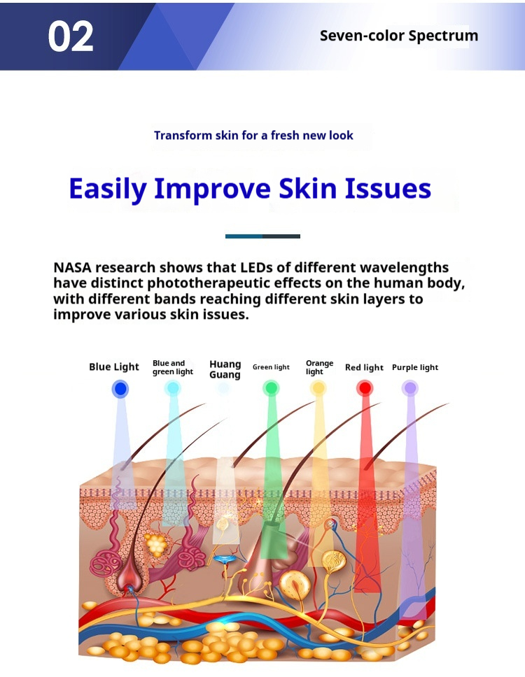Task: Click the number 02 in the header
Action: [x=71, y=36]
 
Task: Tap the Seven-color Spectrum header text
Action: [x=399, y=36]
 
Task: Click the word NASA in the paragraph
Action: [x=72, y=268]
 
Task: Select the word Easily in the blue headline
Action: [x=107, y=189]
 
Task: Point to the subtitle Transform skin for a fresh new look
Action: [x=253, y=135]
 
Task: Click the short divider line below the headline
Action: [x=262, y=236]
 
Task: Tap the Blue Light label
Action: [x=114, y=366]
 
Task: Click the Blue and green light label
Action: [x=172, y=367]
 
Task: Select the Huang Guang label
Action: [x=225, y=369]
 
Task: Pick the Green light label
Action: [x=271, y=367]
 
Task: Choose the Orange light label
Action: [x=319, y=367]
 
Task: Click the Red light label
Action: [x=364, y=367]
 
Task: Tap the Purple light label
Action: [x=415, y=367]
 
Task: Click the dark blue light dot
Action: [x=120, y=389]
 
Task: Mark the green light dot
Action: [x=271, y=387]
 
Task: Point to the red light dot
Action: [x=365, y=387]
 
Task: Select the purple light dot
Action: [x=410, y=387]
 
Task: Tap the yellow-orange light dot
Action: [x=318, y=387]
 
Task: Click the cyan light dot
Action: [x=172, y=388]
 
